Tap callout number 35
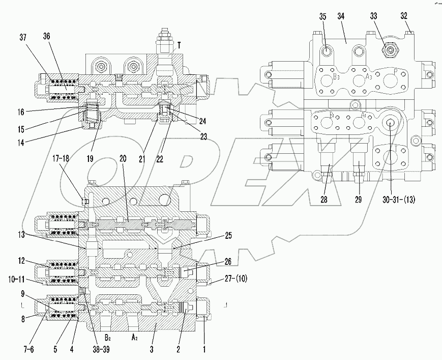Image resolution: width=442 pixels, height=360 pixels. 322,16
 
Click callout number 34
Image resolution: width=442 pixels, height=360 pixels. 341,16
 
